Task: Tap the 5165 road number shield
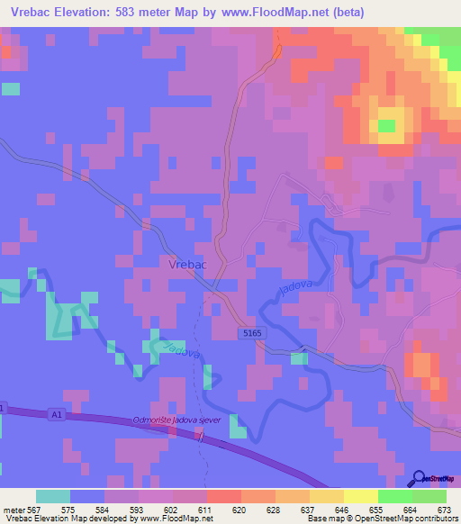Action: point(253,333)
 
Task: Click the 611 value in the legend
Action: point(205,510)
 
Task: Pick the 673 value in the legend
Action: point(445,510)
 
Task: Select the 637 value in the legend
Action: point(309,510)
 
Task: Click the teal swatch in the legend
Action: point(53,497)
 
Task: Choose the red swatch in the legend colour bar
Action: point(222,497)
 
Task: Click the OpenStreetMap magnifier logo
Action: point(419,477)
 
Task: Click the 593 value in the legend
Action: point(138,510)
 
